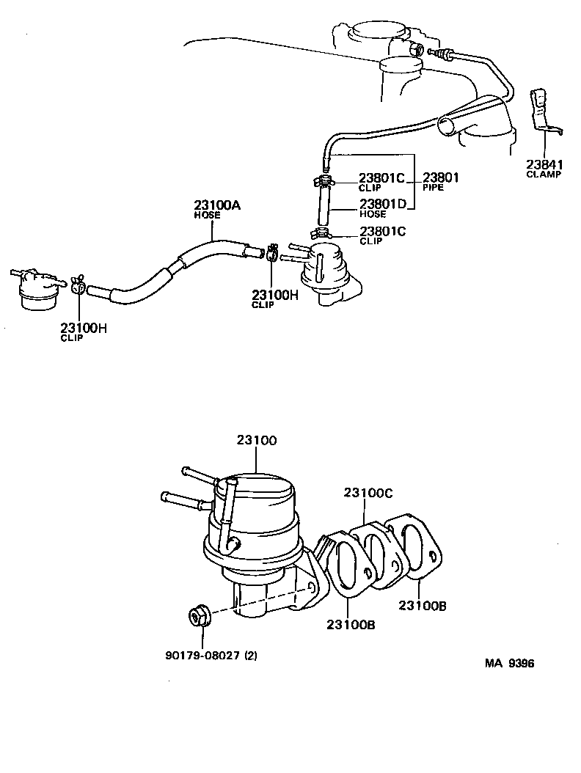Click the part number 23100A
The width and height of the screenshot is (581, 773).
pyautogui.click(x=217, y=206)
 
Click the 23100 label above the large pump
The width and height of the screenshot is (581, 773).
pyautogui.click(x=257, y=441)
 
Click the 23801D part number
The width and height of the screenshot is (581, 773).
pyautogui.click(x=382, y=204)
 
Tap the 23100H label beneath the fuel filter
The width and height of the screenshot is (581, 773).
pyautogui.click(x=84, y=329)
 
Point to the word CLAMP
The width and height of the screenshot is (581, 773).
pyautogui.click(x=543, y=175)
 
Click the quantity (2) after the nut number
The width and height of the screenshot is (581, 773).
pyautogui.click(x=251, y=656)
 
